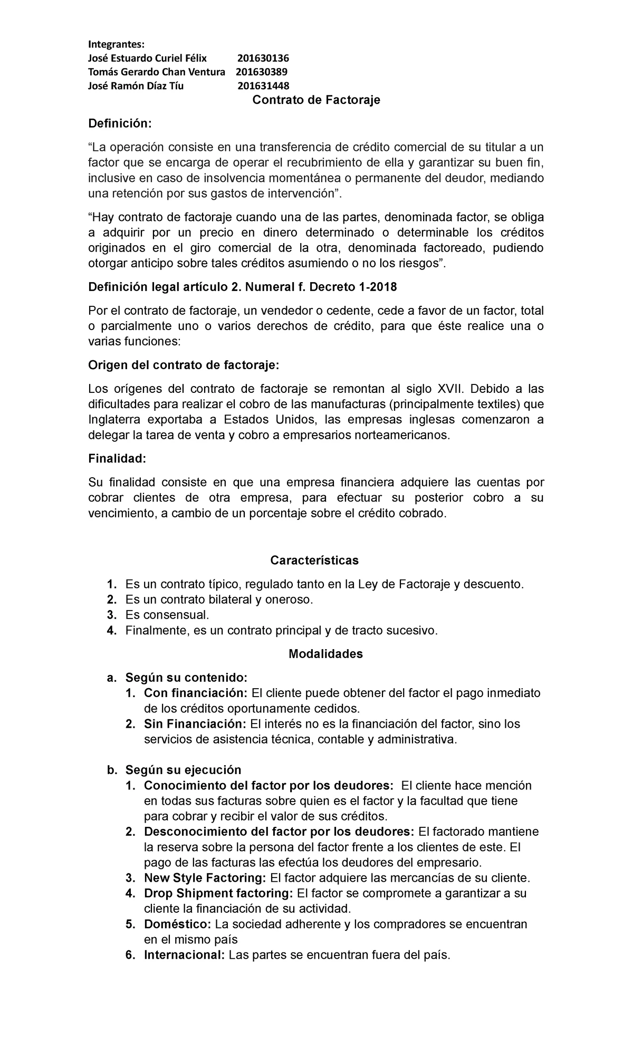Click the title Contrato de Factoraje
click(x=316, y=100)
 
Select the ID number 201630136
click(x=263, y=58)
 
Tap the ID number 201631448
click(x=263, y=86)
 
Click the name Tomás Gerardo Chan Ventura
click(x=156, y=72)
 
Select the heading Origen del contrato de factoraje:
click(x=184, y=365)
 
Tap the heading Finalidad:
click(x=116, y=458)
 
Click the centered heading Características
click(x=314, y=560)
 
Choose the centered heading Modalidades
click(x=326, y=654)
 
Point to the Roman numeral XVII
click(x=452, y=389)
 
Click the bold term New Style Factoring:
click(x=205, y=878)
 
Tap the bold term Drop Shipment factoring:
click(x=218, y=893)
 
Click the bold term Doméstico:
click(x=177, y=924)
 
